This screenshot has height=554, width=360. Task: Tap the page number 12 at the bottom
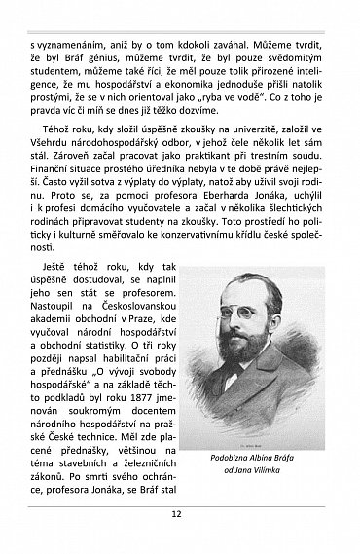[x=179, y=540]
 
